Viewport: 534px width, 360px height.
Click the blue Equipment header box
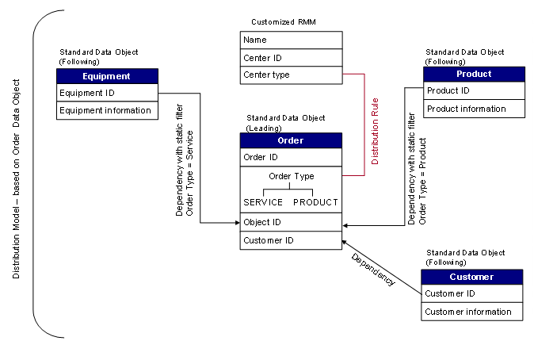click(107, 77)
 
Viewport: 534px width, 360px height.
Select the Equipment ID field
click(107, 94)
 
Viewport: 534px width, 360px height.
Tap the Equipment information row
click(107, 110)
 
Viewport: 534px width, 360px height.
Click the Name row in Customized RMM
click(291, 40)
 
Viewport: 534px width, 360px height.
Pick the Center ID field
click(291, 58)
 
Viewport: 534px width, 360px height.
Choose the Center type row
click(291, 75)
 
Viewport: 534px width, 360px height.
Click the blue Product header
click(474, 74)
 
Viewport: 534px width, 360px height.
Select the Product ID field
click(474, 90)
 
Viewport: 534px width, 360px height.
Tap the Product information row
click(474, 109)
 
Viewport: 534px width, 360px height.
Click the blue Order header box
click(291, 140)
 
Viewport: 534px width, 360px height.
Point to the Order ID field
click(291, 157)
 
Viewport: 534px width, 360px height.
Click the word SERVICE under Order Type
click(263, 202)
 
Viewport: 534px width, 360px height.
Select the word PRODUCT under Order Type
click(315, 202)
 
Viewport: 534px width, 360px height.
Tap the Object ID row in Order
click(291, 222)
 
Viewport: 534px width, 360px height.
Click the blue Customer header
click(471, 277)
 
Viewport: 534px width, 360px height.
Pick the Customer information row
click(471, 312)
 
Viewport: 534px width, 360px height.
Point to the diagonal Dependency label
click(372, 269)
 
